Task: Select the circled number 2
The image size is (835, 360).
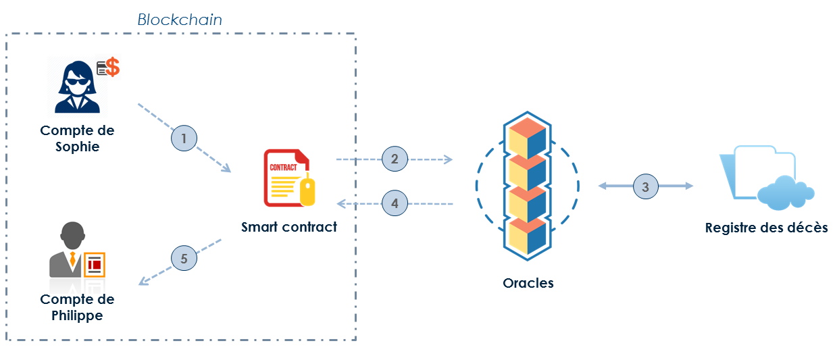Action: [395, 159]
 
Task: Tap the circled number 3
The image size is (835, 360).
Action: [645, 186]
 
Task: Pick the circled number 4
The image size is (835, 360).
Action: [395, 202]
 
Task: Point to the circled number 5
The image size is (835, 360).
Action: [184, 257]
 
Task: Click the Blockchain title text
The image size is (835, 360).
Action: [180, 20]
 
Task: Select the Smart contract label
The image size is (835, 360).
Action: [289, 227]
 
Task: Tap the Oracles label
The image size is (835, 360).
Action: [528, 283]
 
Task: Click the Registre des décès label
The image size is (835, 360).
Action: [766, 228]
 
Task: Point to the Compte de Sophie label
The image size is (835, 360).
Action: [77, 138]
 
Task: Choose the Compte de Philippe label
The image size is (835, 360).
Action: [77, 307]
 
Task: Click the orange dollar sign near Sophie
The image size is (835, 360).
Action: [113, 67]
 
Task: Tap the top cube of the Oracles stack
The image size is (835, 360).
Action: [527, 138]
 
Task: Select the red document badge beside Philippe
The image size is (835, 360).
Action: [95, 265]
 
